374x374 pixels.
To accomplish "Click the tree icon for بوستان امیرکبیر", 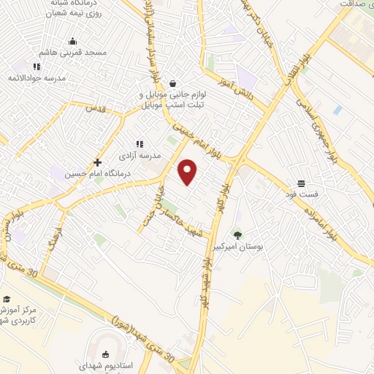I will pyautogui.click(x=237, y=234).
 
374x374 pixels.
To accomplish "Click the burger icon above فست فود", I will pyautogui.click(x=301, y=183).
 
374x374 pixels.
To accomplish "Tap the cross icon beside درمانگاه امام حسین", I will pyautogui.click(x=97, y=162).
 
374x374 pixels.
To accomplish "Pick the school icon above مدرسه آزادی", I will pyautogui.click(x=140, y=145).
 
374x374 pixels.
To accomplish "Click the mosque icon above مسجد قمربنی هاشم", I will pyautogui.click(x=72, y=41).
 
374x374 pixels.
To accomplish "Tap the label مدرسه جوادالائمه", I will pyautogui.click(x=37, y=77).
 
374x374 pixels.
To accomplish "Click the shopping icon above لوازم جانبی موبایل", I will pyautogui.click(x=172, y=83).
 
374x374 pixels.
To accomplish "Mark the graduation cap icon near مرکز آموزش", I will pyautogui.click(x=7, y=299).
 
